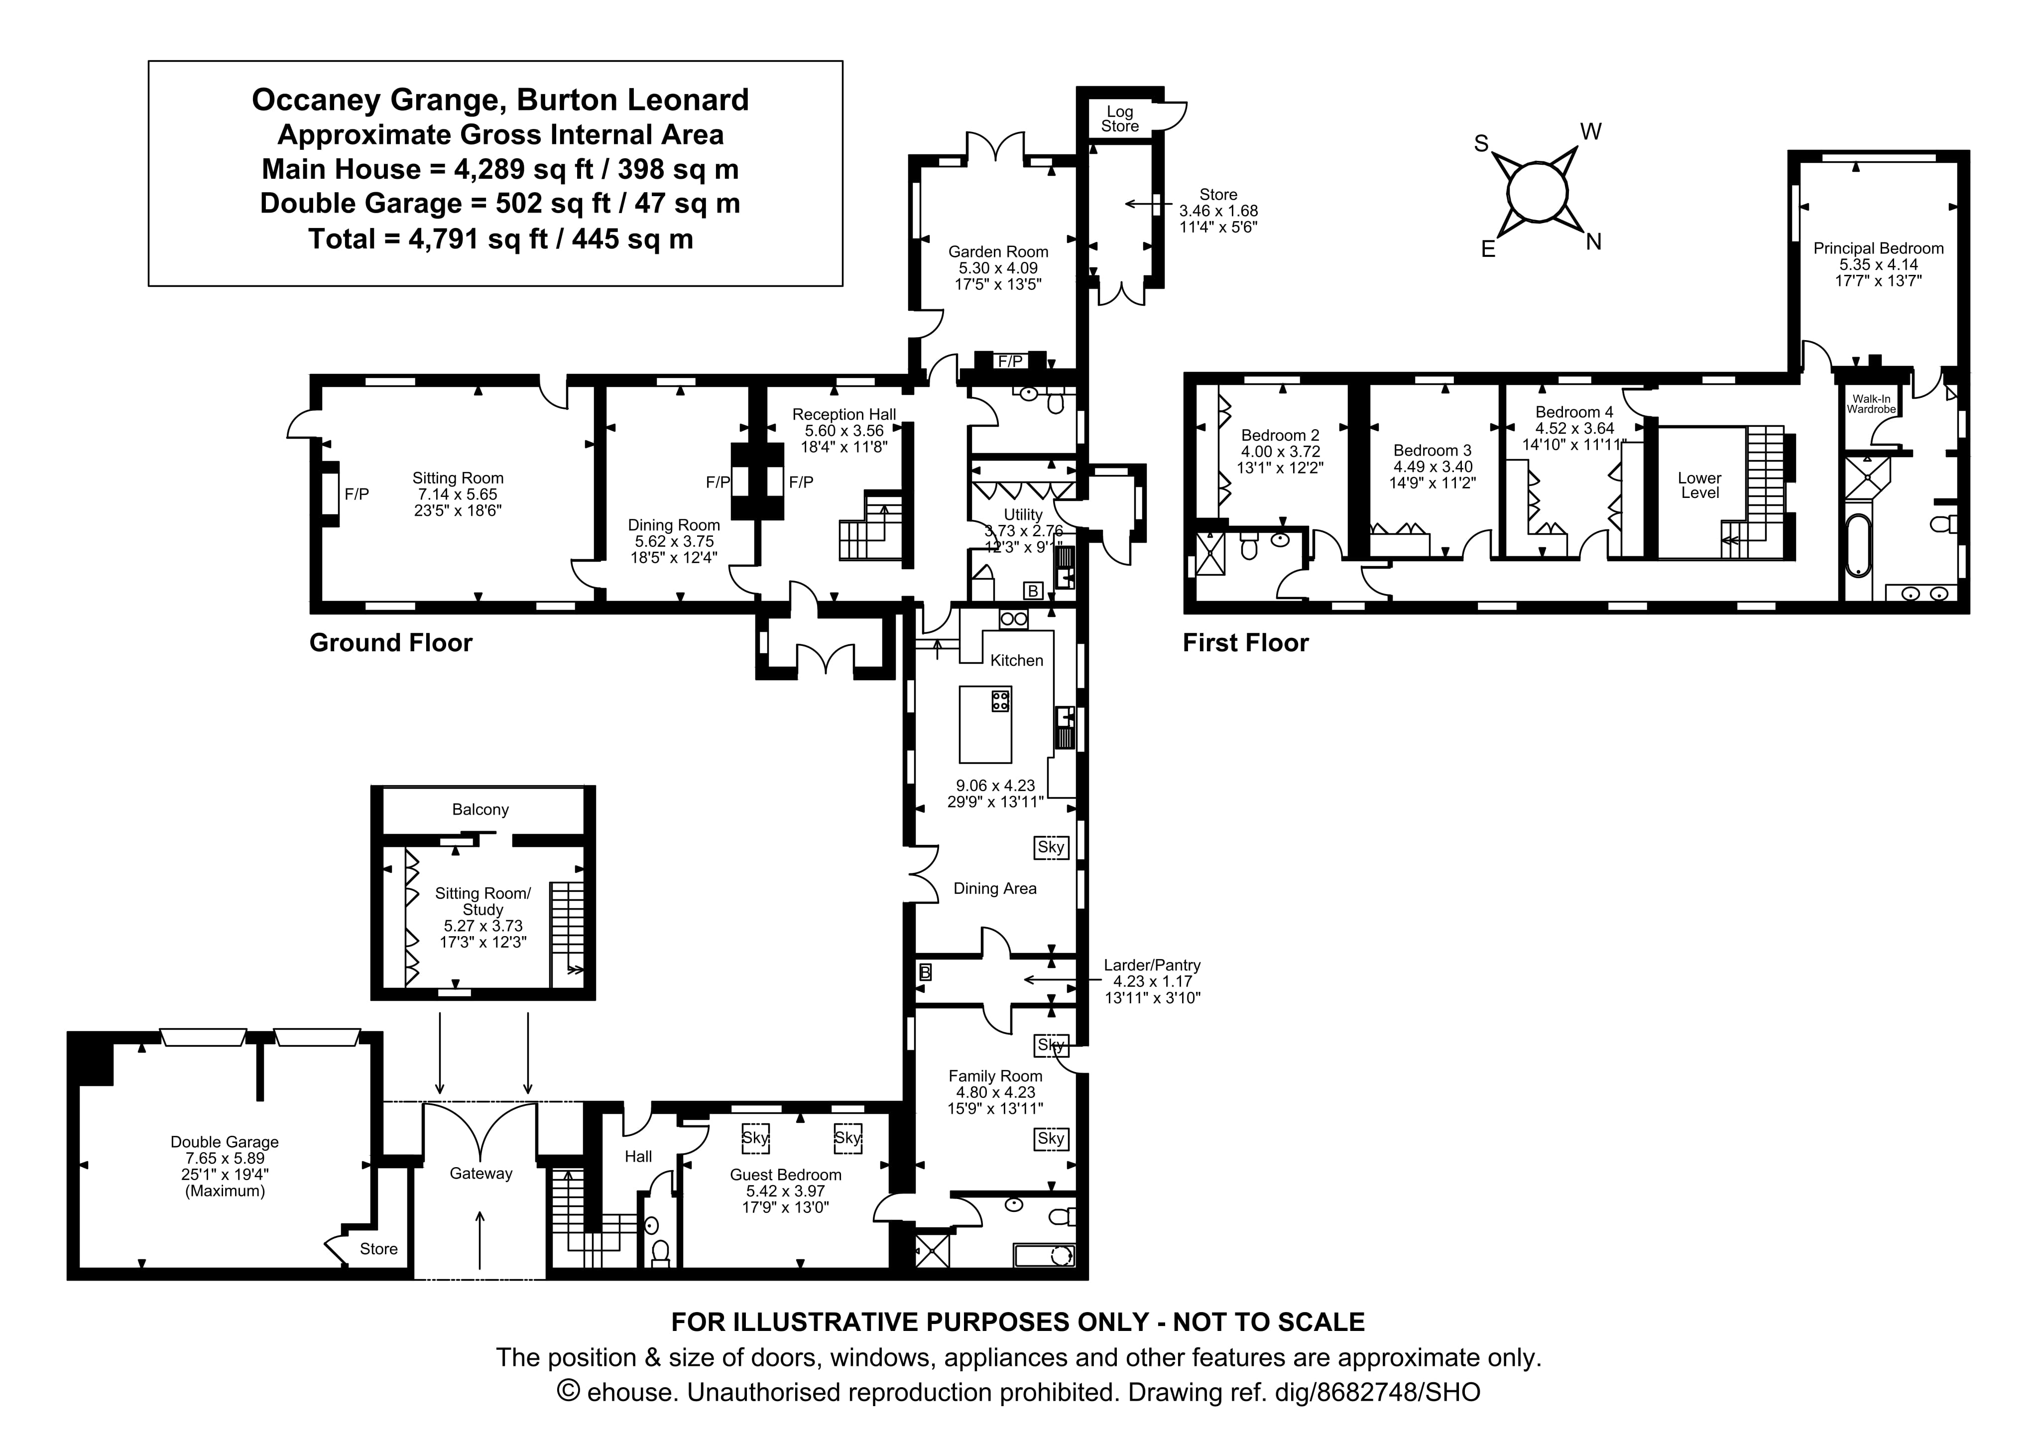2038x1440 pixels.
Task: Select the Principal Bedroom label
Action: [x=1878, y=248]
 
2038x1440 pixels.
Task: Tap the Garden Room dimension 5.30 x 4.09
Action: [x=998, y=268]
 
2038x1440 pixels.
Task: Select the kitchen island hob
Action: [x=1000, y=701]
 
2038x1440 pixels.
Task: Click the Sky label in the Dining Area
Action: [x=1051, y=847]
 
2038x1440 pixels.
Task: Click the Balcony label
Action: [x=480, y=810]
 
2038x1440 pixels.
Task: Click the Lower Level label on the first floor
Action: [x=1699, y=485]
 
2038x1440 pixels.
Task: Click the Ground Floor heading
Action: [x=390, y=643]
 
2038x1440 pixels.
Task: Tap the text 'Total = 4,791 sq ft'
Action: [x=500, y=239]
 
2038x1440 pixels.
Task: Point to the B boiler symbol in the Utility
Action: [x=1032, y=591]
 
